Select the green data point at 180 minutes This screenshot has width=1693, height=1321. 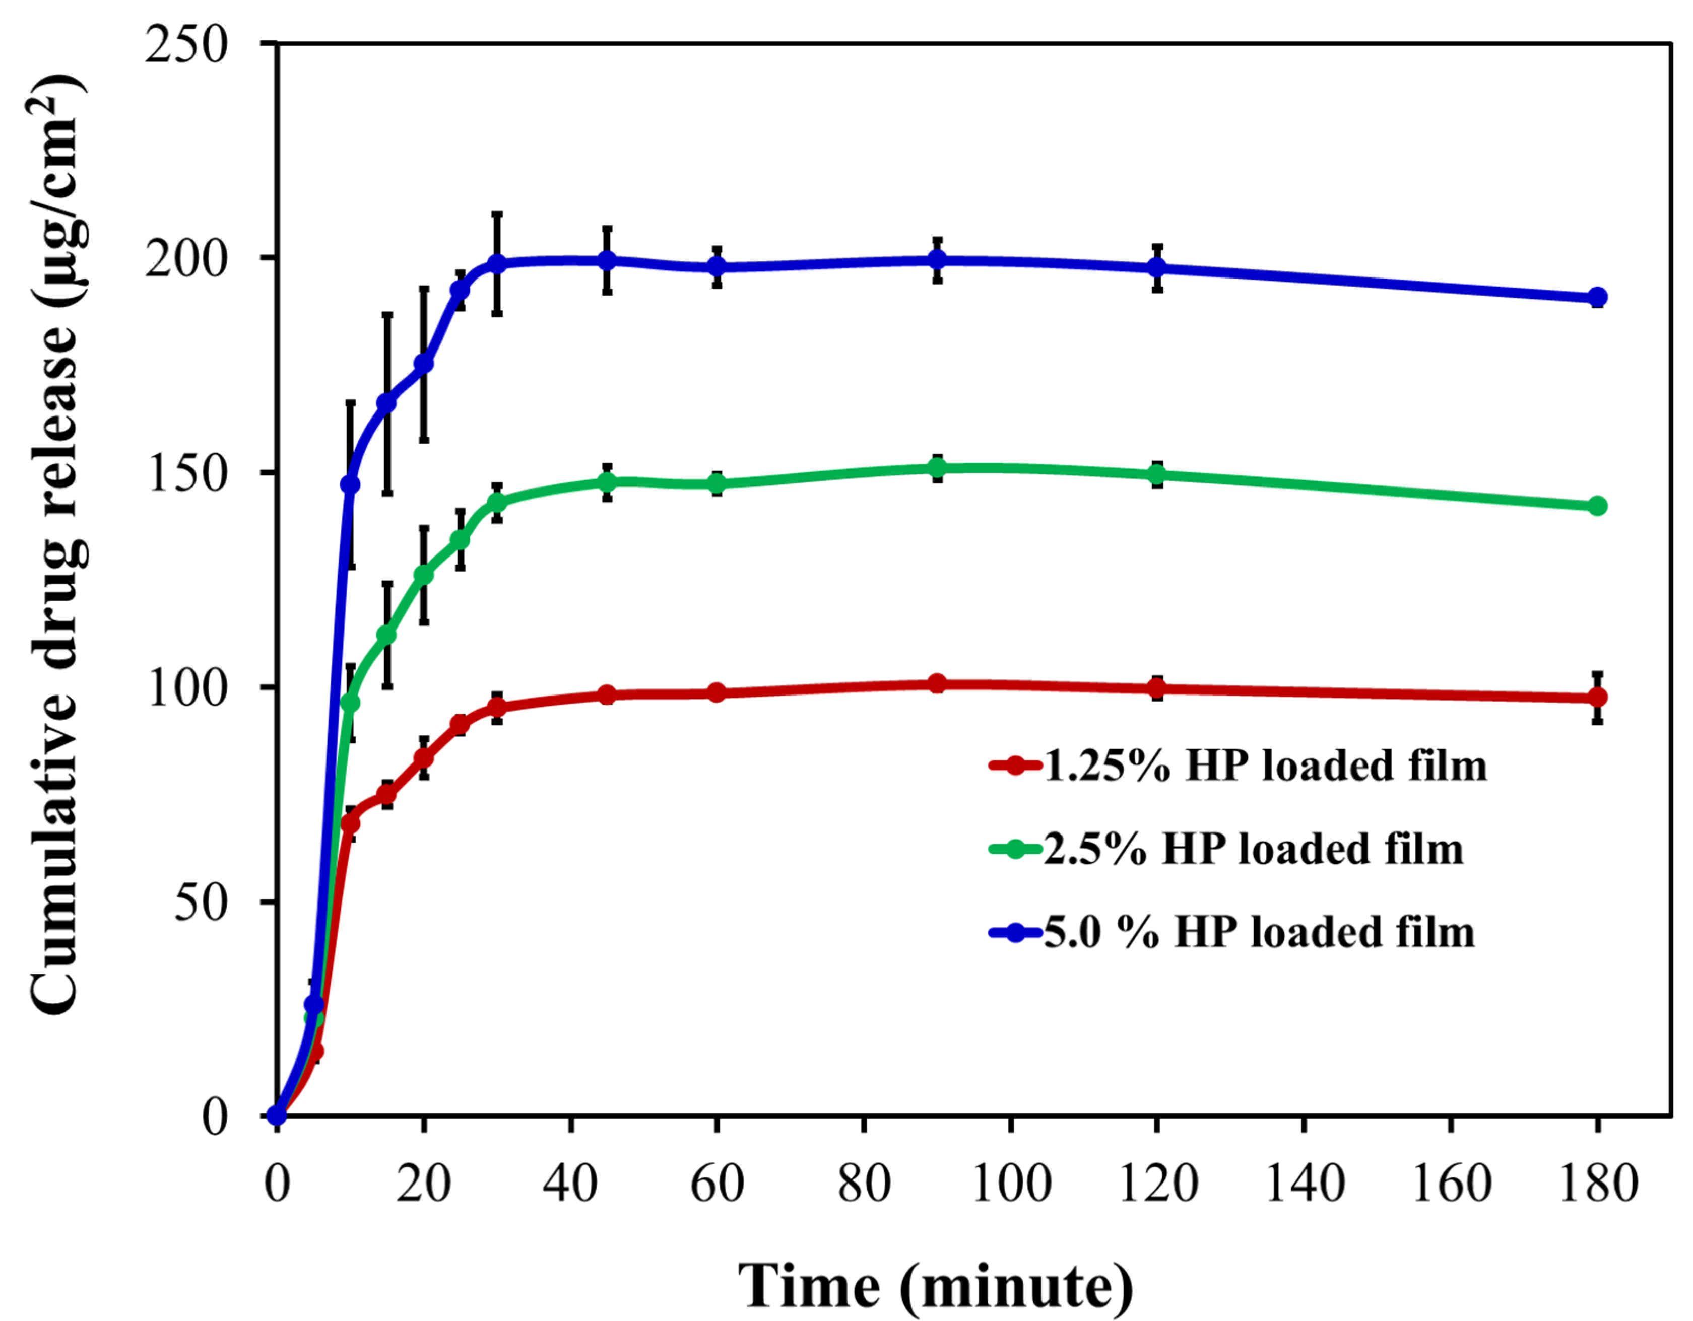pyautogui.click(x=1597, y=506)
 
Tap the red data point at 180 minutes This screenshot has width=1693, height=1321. pyautogui.click(x=1597, y=698)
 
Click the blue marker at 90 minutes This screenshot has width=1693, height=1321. pyautogui.click(x=937, y=259)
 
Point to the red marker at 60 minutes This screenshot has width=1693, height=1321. pyautogui.click(x=717, y=692)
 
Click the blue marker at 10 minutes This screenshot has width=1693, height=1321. pyautogui.click(x=350, y=485)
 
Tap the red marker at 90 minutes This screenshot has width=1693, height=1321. pyautogui.click(x=937, y=683)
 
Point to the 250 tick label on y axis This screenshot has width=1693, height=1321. pyautogui.click(x=187, y=44)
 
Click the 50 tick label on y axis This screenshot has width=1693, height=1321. pyautogui.click(x=201, y=902)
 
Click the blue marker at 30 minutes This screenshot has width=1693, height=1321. pyautogui.click(x=497, y=264)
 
